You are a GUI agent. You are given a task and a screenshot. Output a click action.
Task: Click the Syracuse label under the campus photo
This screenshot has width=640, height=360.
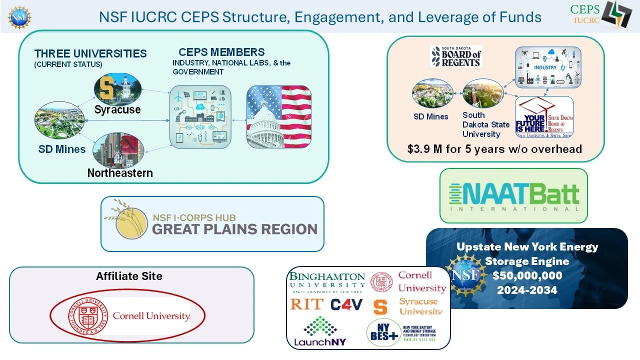click(117, 109)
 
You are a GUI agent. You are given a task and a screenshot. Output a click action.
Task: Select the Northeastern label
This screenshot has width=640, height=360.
click(120, 173)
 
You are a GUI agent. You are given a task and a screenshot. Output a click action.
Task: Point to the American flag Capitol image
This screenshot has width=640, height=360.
click(279, 117)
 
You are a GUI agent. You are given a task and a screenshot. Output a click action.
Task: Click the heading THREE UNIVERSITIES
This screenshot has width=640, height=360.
click(90, 53)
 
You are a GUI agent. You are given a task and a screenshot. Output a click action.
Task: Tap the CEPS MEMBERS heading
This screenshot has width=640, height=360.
click(221, 52)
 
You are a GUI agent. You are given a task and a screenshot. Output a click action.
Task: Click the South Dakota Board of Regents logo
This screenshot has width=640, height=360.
click(455, 56)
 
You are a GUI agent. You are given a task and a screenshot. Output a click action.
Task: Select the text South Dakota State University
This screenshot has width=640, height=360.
click(485, 124)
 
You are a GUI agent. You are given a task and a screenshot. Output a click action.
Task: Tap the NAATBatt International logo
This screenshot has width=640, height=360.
click(513, 196)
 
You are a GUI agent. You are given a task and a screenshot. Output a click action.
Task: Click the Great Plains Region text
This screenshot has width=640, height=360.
click(234, 229)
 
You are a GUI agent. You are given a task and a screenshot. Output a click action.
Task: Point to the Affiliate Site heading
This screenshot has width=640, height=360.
click(129, 276)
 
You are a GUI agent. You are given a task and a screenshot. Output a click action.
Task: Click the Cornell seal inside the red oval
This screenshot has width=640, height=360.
click(87, 316)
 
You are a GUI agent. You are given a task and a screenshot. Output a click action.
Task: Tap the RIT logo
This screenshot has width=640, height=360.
click(306, 304)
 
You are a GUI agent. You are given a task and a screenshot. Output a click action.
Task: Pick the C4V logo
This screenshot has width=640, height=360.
click(346, 304)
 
